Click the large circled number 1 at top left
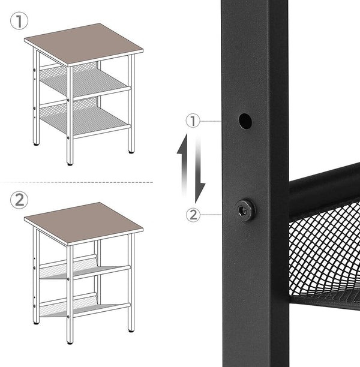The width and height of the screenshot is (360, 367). (19, 22)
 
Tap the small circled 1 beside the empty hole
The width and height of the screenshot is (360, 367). (193, 121)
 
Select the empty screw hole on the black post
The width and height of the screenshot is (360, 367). (245, 121)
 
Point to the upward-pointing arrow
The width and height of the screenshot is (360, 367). (184, 162)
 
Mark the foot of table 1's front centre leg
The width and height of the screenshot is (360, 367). (70, 163)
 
